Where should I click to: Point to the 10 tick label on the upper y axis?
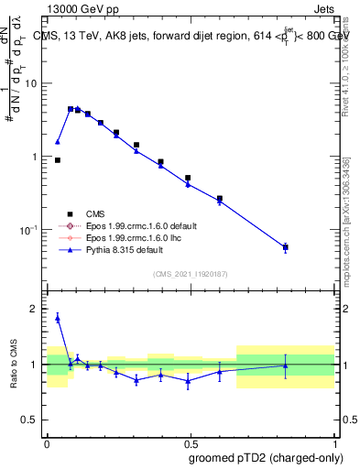pyautogui.click(x=33, y=83)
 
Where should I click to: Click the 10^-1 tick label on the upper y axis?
pyautogui.click(x=31, y=228)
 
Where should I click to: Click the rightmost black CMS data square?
pyautogui.click(x=286, y=247)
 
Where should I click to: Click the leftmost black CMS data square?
pyautogui.click(x=58, y=160)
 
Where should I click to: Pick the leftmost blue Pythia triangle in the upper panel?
pyautogui.click(x=58, y=142)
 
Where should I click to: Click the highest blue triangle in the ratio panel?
pyautogui.click(x=58, y=318)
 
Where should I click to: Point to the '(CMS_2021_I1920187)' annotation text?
pyautogui.click(x=190, y=274)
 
